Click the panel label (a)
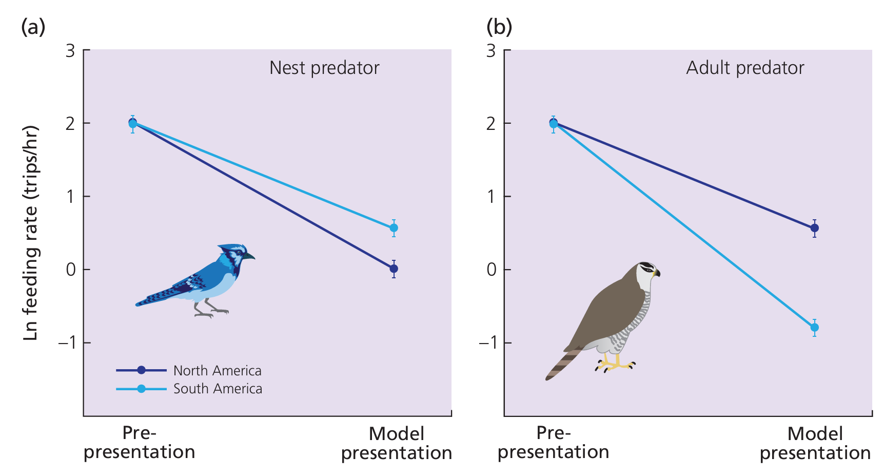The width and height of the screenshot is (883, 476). [x=33, y=27]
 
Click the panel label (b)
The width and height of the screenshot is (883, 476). [x=499, y=27]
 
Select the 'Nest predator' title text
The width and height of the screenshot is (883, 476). [x=324, y=68]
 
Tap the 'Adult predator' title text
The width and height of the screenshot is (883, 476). [x=745, y=68]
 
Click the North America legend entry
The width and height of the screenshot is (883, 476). [x=217, y=370]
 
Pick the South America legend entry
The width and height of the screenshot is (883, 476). [x=218, y=389]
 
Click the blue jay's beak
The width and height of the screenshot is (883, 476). [x=250, y=256]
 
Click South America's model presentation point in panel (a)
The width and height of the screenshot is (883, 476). [x=394, y=228]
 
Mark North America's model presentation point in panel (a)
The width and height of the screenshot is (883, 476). [x=394, y=269]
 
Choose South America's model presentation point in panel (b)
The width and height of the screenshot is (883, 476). [x=814, y=328]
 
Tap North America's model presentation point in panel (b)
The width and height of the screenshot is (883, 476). [x=814, y=228]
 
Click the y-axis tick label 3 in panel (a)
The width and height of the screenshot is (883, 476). [x=70, y=51]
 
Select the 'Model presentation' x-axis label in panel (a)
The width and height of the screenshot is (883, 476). [x=397, y=443]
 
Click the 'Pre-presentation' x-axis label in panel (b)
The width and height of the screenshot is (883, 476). [x=554, y=443]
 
